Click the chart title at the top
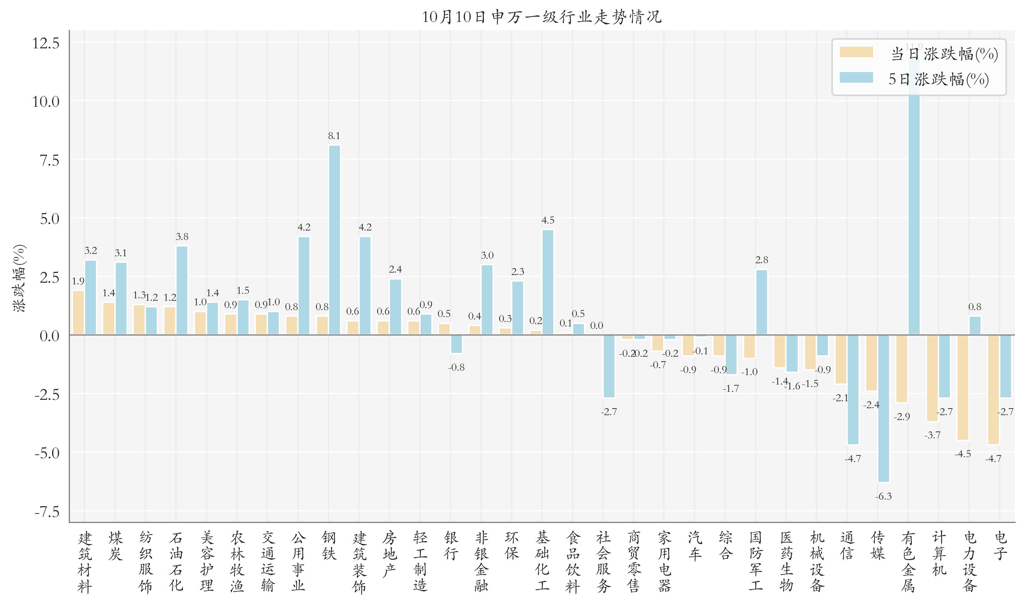coord(542,17)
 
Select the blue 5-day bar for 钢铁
coord(334,240)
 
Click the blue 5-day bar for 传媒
coord(883,409)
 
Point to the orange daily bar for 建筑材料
coord(78,313)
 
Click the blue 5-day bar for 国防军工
coord(762,302)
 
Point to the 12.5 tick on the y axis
coord(46,43)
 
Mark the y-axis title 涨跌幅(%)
coord(19,278)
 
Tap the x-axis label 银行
coord(451,546)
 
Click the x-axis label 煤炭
coord(115,546)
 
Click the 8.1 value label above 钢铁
coord(334,136)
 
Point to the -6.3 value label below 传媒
coord(883,496)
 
